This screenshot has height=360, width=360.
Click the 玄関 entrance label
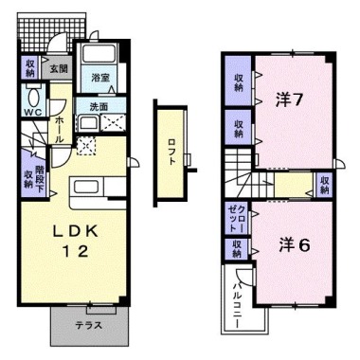[x=59, y=68]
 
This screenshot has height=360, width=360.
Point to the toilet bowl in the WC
[x=35, y=98]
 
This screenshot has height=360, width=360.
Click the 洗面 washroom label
[x=98, y=106]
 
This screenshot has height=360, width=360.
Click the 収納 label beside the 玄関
[x=30, y=67]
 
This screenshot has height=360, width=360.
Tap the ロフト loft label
[x=172, y=150]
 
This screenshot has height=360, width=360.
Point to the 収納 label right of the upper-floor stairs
[x=325, y=183]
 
